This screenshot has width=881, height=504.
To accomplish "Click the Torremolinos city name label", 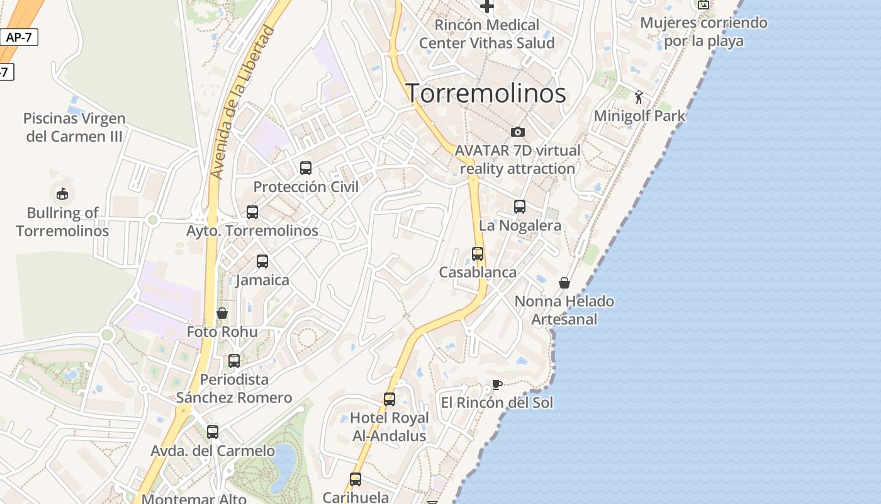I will click(x=485, y=93).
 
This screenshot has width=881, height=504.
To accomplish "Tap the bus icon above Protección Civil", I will click(x=306, y=168).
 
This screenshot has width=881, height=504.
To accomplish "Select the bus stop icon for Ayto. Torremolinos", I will click(x=252, y=212).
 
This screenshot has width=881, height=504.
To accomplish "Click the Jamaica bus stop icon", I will click(x=262, y=261).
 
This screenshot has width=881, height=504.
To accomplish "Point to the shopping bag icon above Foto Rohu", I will click(x=222, y=313).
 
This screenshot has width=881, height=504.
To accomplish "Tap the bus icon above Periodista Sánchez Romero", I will click(x=234, y=361).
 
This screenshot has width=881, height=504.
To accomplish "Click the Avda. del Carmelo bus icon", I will click(x=213, y=432).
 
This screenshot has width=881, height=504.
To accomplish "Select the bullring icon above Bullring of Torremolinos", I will click(x=62, y=193).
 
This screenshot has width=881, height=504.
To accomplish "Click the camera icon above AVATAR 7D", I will click(x=518, y=132).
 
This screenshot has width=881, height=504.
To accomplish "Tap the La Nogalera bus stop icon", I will click(x=520, y=207).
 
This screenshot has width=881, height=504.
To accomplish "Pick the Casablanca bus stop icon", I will click(x=478, y=254).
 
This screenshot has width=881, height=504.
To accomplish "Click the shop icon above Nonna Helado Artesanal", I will click(x=564, y=283).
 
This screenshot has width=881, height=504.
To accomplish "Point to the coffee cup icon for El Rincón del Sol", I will click(x=497, y=384).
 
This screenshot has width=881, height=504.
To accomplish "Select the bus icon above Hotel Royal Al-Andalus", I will click(x=390, y=399).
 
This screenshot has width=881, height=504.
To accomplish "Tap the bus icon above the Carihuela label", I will click(x=356, y=479).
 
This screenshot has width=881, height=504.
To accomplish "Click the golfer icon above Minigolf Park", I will click(x=639, y=97).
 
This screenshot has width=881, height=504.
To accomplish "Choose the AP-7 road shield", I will click(x=19, y=37).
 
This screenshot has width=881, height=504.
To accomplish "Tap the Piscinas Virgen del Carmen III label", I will click(x=74, y=127).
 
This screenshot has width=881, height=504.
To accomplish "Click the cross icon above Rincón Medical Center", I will click(x=487, y=7).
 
